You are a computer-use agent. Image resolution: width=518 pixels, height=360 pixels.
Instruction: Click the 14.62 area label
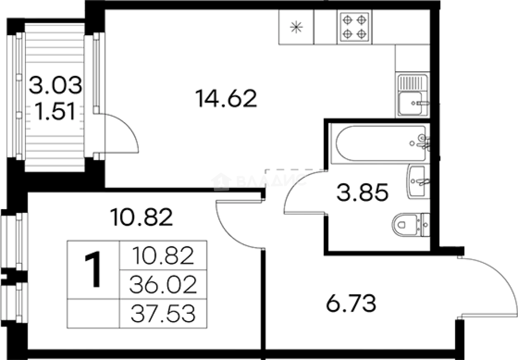(226, 98)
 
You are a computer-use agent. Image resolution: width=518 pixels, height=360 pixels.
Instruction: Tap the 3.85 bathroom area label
(362, 193)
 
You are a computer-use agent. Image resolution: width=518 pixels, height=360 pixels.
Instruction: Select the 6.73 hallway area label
(351, 303)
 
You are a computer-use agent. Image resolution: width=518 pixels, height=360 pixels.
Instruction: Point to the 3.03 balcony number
(55, 85)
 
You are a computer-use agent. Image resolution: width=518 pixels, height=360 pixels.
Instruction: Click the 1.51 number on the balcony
(55, 112)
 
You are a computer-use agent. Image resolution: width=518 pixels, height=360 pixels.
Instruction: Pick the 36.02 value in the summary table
(163, 284)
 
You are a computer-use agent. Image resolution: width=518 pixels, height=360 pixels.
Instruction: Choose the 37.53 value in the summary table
(163, 314)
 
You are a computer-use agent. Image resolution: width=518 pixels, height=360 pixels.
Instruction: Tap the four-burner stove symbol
(354, 27)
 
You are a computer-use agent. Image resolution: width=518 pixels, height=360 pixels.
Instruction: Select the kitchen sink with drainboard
(413, 95)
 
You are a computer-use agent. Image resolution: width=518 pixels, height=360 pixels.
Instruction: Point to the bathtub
(380, 143)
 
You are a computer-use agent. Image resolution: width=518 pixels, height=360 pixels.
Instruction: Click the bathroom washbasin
(418, 182)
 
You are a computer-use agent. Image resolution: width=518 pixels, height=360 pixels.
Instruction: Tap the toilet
(411, 224)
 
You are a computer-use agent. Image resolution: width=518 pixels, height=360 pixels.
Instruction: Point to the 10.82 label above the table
(142, 217)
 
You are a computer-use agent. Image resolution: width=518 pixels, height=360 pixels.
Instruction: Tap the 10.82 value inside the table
(163, 255)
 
